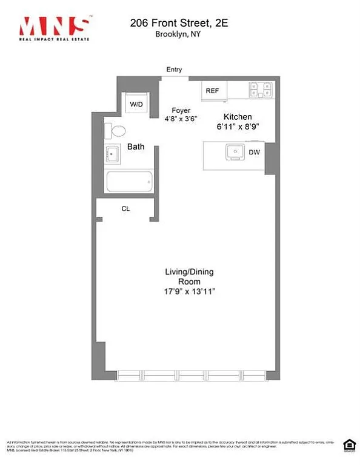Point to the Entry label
click(x=174, y=70)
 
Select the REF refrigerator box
click(x=212, y=91)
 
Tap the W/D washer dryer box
click(x=136, y=105)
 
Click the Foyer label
click(x=181, y=111)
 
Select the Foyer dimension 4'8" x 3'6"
click(x=181, y=119)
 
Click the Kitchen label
click(x=238, y=117)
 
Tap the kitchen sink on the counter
click(x=234, y=151)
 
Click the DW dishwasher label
click(x=254, y=153)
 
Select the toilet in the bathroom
click(x=115, y=130)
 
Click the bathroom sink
click(x=113, y=155)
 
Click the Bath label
click(x=135, y=147)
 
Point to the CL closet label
click(x=126, y=208)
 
